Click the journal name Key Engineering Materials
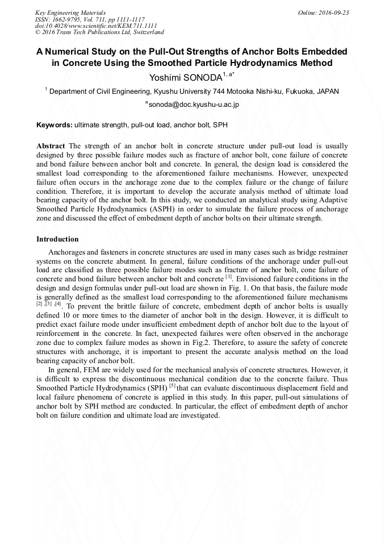[70, 12]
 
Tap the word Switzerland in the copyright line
[144, 32]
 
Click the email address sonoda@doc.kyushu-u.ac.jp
[194, 105]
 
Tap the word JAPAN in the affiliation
[328, 91]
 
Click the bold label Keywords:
[55, 124]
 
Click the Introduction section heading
[57, 239]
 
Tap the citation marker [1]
[228, 277]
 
